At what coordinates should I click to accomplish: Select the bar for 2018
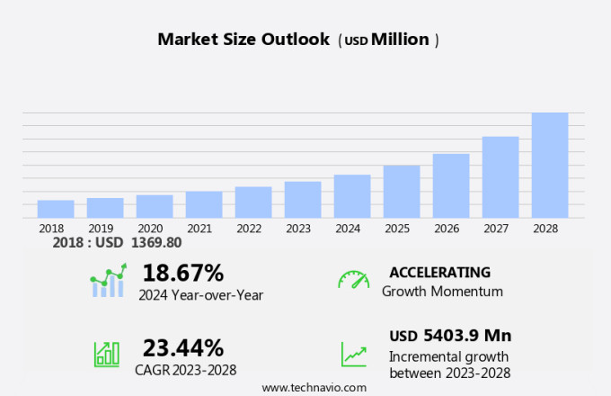(x=56, y=209)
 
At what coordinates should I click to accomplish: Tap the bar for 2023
(x=303, y=199)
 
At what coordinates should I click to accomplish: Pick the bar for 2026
(x=451, y=185)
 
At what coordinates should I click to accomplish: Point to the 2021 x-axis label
(x=199, y=229)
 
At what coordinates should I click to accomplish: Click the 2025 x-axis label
(x=396, y=229)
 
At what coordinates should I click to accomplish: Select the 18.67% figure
(x=183, y=273)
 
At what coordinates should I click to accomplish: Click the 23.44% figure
(x=183, y=347)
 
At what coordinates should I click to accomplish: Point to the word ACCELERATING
(x=439, y=272)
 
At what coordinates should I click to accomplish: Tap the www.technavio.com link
(x=314, y=387)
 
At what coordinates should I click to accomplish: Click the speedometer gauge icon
(x=353, y=280)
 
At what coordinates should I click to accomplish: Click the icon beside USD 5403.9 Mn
(x=353, y=354)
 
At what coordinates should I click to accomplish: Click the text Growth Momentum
(x=442, y=292)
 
